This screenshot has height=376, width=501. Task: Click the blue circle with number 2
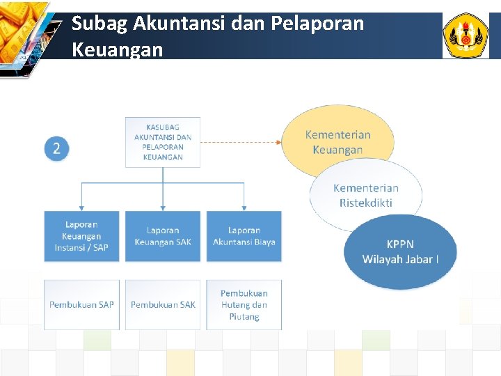(57, 148)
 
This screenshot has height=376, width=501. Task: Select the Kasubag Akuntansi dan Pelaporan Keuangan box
(163, 142)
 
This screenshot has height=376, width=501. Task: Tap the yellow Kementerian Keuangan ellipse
(337, 142)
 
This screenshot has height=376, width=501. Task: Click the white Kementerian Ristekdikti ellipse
(366, 195)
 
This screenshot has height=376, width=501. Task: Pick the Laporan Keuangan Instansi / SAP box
(81, 236)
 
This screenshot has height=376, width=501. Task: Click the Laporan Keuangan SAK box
(163, 236)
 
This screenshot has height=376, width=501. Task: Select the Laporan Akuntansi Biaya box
(244, 236)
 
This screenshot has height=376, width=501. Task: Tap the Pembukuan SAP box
(81, 304)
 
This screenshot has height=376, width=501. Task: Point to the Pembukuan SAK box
(163, 304)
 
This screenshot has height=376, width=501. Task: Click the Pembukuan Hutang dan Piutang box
(244, 304)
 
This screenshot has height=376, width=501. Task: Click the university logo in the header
(466, 36)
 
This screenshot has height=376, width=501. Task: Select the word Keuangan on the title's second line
(117, 50)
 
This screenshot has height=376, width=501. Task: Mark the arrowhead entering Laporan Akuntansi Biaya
(244, 207)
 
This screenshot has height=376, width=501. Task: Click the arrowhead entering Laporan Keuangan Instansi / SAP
(81, 207)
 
